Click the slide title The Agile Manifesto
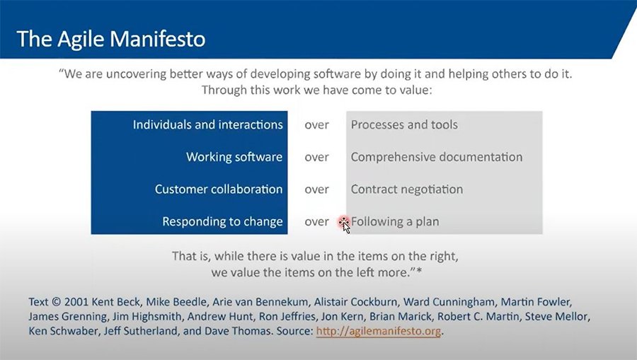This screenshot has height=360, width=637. [x=111, y=39]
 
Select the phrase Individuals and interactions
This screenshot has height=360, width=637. [x=207, y=124]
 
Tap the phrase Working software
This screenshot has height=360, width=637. [x=234, y=157]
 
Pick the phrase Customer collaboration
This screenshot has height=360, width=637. [x=219, y=189]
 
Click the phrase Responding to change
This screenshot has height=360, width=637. [x=223, y=221]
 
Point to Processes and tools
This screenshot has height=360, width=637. [x=404, y=124]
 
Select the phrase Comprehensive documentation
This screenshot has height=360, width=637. [x=437, y=157]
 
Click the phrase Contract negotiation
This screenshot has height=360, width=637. [x=407, y=189]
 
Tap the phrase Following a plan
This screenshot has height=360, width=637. [x=395, y=221]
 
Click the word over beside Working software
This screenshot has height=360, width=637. [x=317, y=158]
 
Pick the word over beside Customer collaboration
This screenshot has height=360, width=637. [x=317, y=190]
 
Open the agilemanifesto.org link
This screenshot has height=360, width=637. [x=378, y=331]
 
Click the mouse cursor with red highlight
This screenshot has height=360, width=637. [x=344, y=224]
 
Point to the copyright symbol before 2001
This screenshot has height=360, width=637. [x=57, y=302]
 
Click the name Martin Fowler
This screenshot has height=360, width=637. [x=536, y=302]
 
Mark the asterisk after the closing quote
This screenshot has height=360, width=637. [x=419, y=271]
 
